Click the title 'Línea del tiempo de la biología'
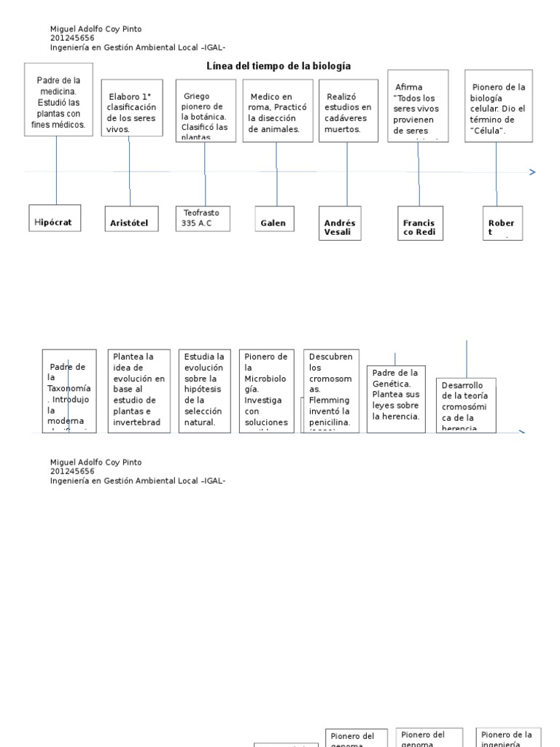pos(279,66)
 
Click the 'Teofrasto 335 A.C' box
pos(203,218)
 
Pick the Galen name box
pos(273,222)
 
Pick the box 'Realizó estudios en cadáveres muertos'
pos(348,111)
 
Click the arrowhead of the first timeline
pos(532,172)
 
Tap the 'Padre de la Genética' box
pos(396,398)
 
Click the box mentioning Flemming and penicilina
pos(331,390)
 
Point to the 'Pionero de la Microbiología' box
pos(266,390)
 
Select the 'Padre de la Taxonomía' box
pos(69,390)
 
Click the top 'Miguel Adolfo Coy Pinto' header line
pos(96,29)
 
